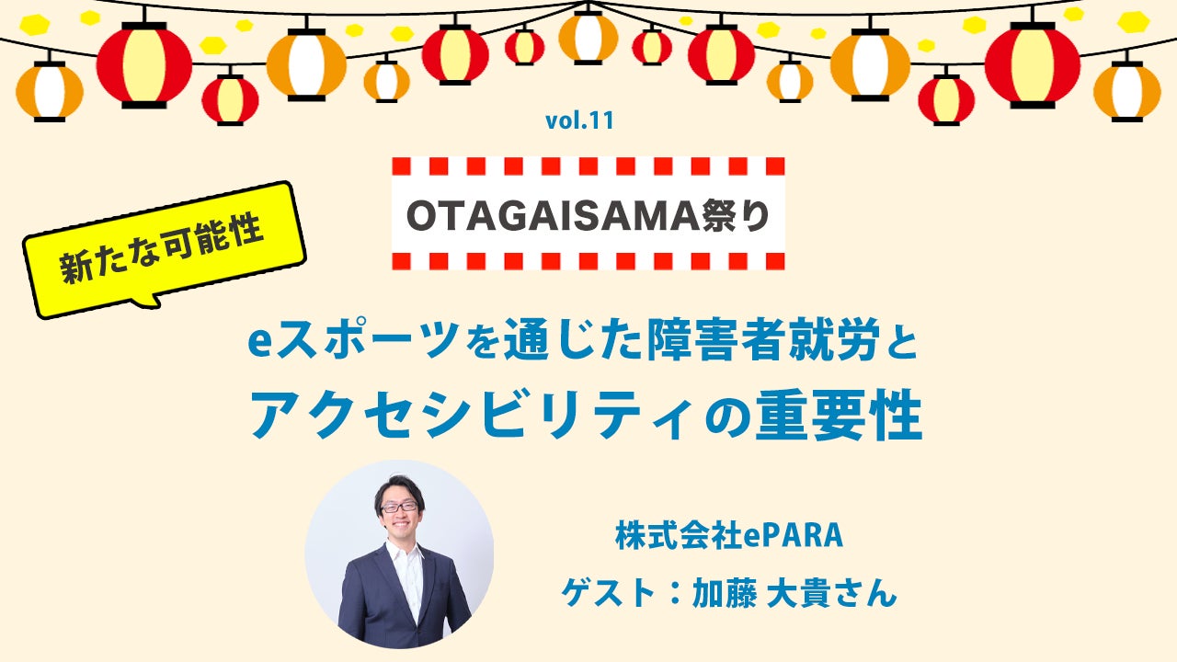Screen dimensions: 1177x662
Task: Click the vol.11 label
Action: [x=579, y=120]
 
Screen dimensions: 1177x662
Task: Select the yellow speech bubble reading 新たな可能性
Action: [x=164, y=248]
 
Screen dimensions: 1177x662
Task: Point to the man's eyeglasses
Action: [x=399, y=508]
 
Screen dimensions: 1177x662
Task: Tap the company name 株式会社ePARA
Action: [x=729, y=536]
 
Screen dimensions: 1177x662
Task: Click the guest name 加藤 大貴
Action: [x=774, y=594]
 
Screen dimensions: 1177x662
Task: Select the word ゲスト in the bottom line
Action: [x=609, y=594]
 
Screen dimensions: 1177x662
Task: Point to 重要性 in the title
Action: [x=839, y=417]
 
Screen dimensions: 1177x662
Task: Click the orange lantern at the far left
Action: [x=50, y=89]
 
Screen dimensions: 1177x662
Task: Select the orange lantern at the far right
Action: [x=1127, y=89]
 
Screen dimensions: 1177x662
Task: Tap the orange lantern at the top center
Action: [x=588, y=37]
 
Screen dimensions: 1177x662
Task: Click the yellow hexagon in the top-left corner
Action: [x=35, y=24]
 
